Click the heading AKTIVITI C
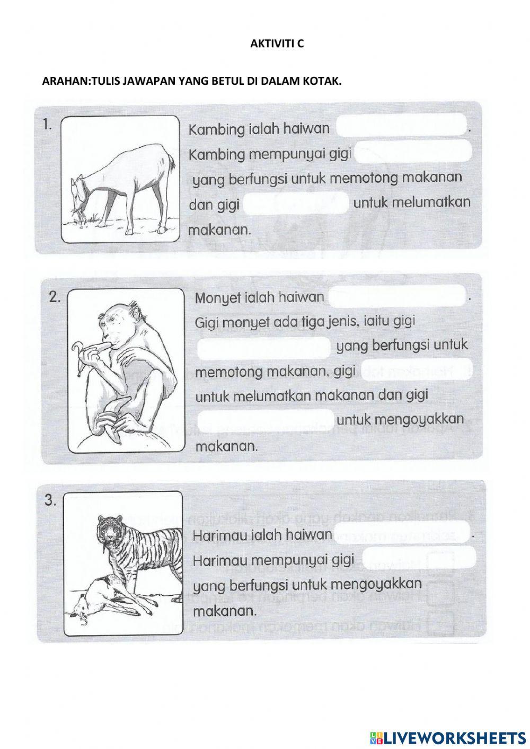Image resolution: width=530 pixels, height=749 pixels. pos(277,45)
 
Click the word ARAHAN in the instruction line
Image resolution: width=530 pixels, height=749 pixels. pos(59,81)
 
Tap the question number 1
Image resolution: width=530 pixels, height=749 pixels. pos(47,125)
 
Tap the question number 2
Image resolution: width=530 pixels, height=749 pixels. pos(55,297)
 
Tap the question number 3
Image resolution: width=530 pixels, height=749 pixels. pos(50,501)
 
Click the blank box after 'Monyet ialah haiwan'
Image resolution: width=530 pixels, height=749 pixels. pos(396,296)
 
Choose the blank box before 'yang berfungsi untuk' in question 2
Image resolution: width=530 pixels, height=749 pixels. pos(264,347)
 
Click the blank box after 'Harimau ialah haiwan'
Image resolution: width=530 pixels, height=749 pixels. pos(401,532)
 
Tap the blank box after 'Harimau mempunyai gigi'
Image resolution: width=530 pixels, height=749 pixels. pos(418,557)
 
